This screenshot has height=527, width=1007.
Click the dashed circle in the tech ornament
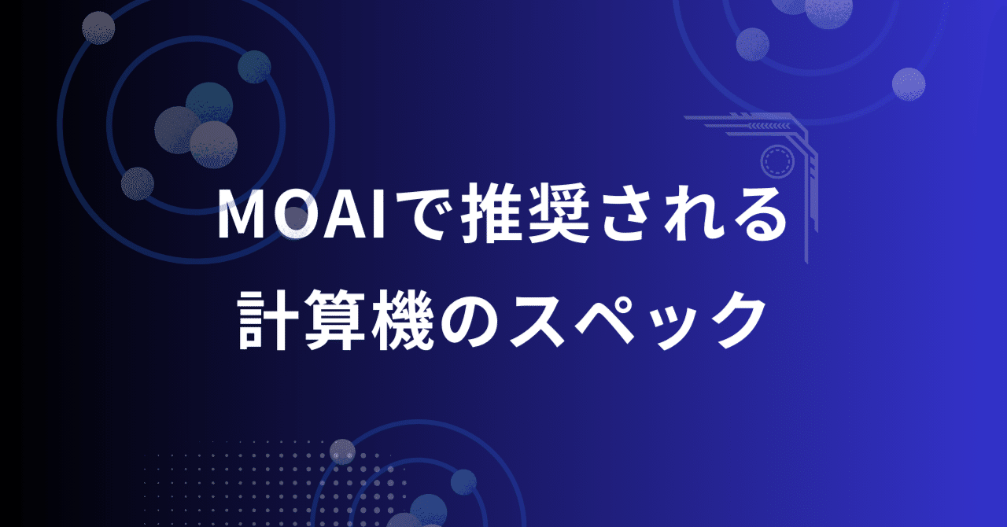(x=779, y=161)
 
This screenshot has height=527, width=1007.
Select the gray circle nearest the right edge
(x=909, y=83)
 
